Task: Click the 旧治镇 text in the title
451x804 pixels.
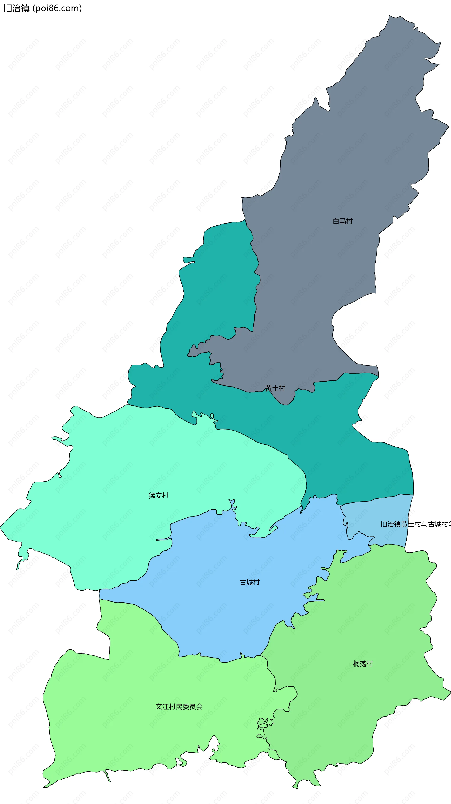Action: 16,8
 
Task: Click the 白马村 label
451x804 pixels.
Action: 342,221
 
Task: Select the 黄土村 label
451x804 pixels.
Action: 275,388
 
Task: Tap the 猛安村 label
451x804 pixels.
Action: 159,495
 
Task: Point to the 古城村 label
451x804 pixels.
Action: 249,582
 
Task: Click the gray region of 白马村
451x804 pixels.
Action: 343,156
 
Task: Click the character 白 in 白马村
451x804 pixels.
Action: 336,221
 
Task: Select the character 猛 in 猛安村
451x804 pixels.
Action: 152,495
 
